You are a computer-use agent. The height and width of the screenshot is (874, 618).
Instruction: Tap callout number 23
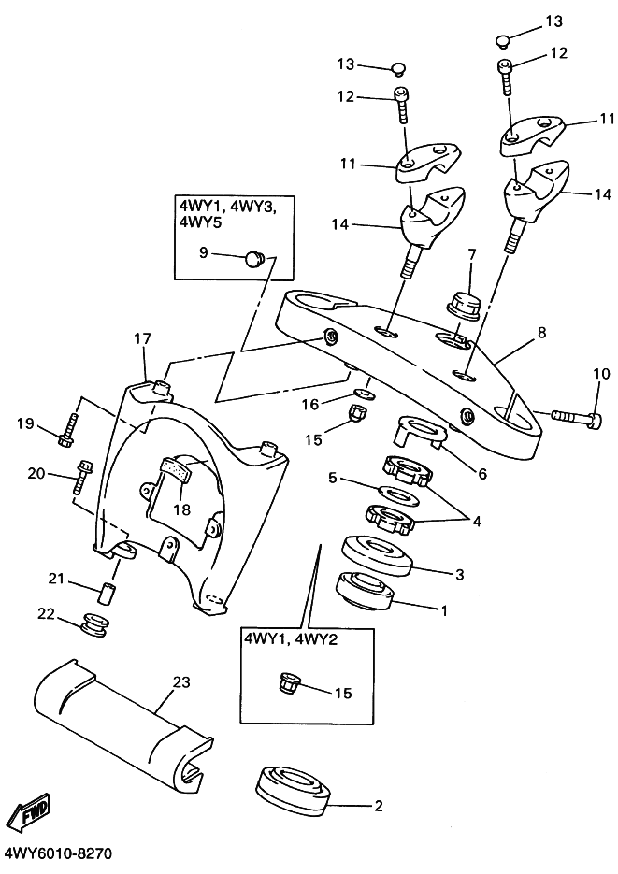(x=181, y=682)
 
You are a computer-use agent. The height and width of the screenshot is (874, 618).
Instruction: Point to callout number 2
(x=378, y=805)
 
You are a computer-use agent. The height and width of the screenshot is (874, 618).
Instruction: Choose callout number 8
(x=541, y=332)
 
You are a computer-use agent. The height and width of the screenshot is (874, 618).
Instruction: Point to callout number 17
(x=142, y=338)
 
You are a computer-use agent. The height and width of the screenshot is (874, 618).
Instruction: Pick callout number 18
(x=181, y=510)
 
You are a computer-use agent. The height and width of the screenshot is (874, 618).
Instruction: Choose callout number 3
(x=458, y=573)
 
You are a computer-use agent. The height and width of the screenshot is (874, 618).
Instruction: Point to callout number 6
(x=481, y=474)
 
